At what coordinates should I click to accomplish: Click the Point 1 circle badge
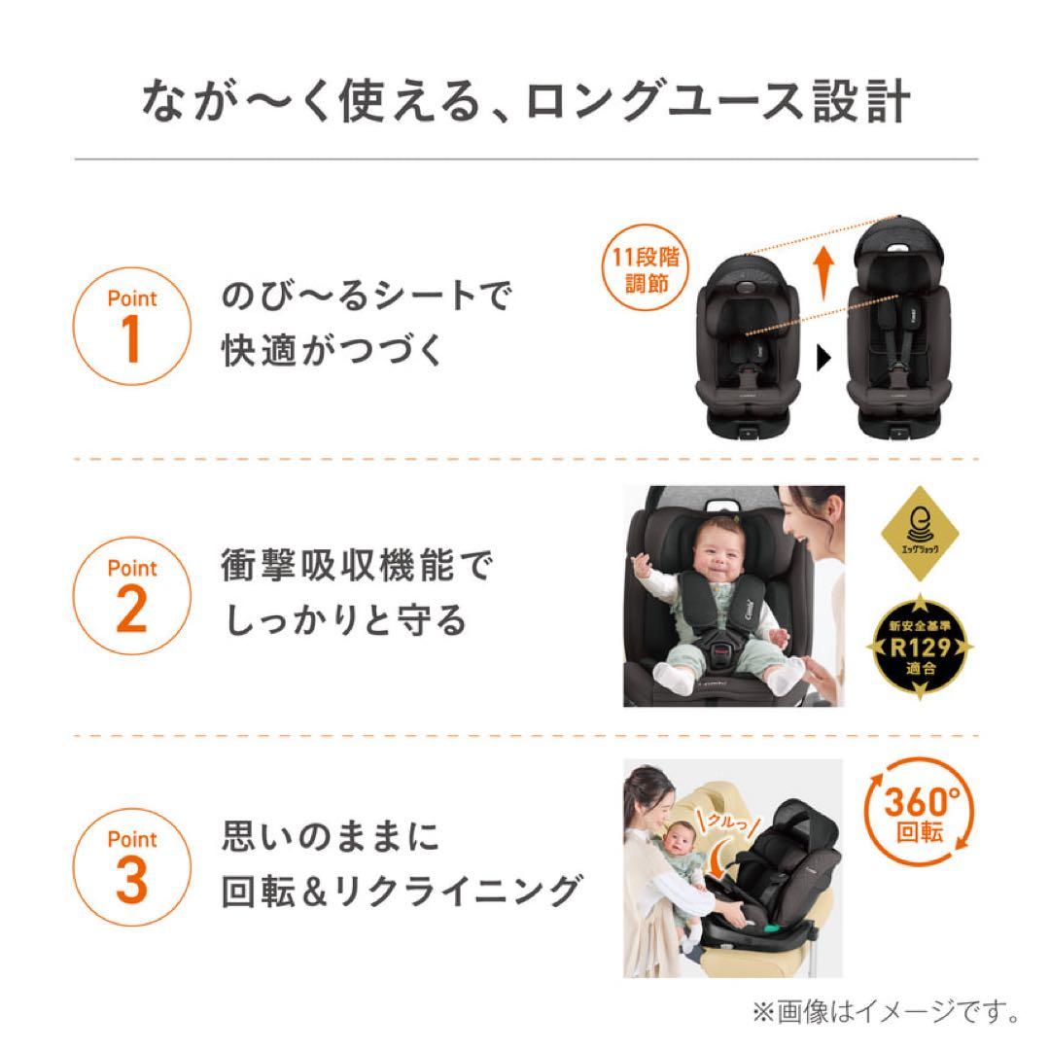point(132,323)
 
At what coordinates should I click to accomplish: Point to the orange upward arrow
point(822,273)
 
